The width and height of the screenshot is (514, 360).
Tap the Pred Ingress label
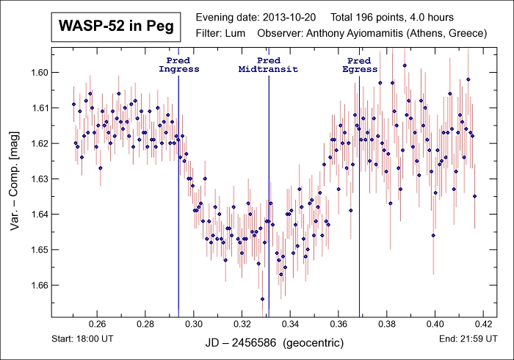pyautogui.click(x=178, y=65)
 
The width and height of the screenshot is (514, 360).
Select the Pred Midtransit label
pyautogui.click(x=268, y=65)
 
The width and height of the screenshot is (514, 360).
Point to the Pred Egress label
pyautogui.click(x=360, y=65)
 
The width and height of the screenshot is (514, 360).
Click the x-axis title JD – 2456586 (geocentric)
pyautogui.click(x=269, y=343)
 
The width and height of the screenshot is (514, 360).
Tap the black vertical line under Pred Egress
pyautogui.click(x=359, y=220)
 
